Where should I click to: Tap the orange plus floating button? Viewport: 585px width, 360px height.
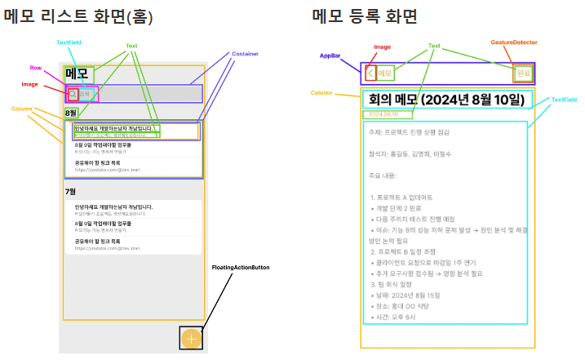pos(191,338)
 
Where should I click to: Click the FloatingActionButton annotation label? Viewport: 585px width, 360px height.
pos(240,268)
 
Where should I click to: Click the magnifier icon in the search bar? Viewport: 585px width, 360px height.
pos(73,95)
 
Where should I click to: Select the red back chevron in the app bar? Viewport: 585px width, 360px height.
pos(371,73)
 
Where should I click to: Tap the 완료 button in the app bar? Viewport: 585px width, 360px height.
pos(523,73)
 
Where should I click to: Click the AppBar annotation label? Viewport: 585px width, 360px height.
pos(331,55)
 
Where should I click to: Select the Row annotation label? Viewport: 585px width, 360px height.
pos(36,69)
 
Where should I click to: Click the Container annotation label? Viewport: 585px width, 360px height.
pos(245,54)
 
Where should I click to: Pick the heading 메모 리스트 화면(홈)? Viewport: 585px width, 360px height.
pos(78,16)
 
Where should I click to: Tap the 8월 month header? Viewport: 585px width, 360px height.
pos(71,113)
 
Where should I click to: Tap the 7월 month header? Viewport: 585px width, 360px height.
pos(71,192)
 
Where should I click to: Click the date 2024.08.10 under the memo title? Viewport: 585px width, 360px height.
pos(383,114)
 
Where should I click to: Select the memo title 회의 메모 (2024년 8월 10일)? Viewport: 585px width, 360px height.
pos(445,100)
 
